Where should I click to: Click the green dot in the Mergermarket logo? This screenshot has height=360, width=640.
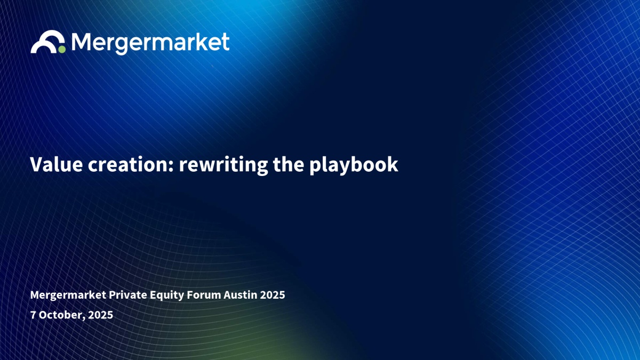tap(62, 49)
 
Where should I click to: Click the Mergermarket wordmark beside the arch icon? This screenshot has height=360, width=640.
tap(150, 43)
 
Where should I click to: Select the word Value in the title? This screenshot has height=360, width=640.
tap(57, 164)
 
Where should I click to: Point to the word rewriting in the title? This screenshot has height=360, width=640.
tap(223, 165)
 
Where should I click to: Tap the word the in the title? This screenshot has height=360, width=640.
tap(289, 164)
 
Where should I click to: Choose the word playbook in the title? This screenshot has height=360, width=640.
tap(354, 165)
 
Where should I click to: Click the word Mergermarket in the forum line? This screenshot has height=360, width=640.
tap(68, 294)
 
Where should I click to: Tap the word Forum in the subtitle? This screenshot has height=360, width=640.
tap(204, 294)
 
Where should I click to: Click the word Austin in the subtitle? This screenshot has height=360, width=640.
tap(241, 294)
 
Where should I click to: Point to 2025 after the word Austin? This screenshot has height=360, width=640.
tap(273, 294)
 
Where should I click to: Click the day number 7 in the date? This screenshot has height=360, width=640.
tap(33, 315)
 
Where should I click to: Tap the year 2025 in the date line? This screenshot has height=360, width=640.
tap(101, 315)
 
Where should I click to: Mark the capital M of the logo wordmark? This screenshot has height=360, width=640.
tap(83, 42)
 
